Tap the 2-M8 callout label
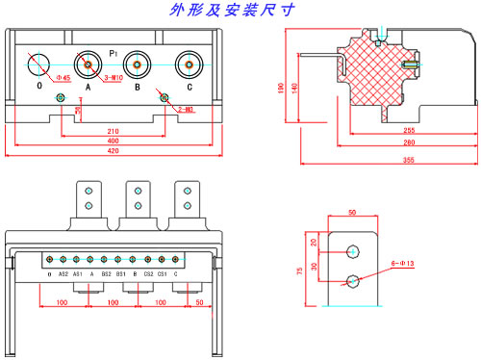(x=186, y=111)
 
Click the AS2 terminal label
(x=63, y=274)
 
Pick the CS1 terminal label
(x=162, y=274)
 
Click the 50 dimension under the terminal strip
(x=198, y=302)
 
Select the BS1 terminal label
(x=120, y=274)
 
